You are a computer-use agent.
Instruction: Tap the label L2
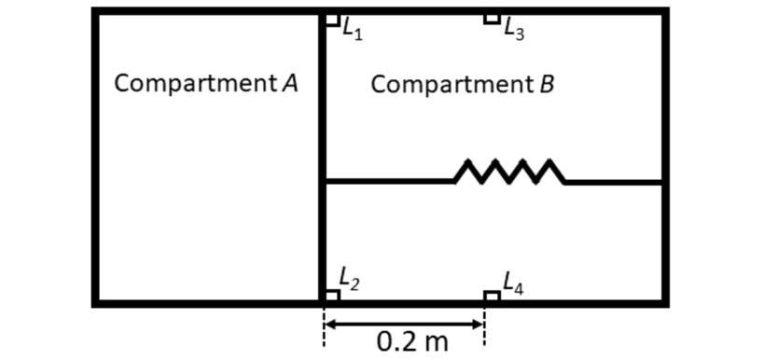(349, 281)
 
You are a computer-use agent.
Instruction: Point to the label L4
(513, 284)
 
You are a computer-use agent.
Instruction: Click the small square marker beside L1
(332, 20)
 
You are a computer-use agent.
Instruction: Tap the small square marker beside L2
(332, 296)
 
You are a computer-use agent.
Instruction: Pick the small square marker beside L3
(492, 19)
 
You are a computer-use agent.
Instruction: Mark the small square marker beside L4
(492, 297)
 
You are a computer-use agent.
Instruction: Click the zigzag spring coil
(509, 171)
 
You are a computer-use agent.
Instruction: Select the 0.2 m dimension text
(412, 342)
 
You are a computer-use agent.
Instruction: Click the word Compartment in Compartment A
(196, 85)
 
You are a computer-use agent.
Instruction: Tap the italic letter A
(290, 84)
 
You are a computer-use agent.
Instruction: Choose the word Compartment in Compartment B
(453, 85)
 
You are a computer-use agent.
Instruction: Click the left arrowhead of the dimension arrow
(330, 325)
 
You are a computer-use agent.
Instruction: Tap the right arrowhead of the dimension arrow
(478, 325)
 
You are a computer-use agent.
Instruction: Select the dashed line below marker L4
(484, 326)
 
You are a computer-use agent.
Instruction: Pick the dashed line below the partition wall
(324, 326)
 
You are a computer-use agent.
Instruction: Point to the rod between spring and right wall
(614, 182)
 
